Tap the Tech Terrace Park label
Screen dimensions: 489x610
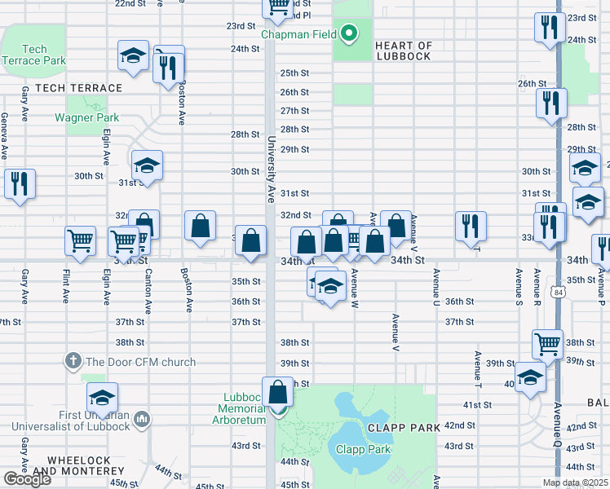coord(33,55)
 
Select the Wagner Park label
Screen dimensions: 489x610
coord(86,117)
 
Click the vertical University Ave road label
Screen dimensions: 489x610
coord(271,170)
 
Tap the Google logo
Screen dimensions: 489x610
coord(27,479)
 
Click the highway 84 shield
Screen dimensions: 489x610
coord(557,292)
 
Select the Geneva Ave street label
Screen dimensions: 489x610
coord(5,138)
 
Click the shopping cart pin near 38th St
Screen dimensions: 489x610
coord(548,343)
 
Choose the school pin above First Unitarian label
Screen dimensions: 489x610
coord(103,397)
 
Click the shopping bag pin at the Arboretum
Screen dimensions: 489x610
coord(278,391)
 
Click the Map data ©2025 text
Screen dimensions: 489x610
coord(574,482)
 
